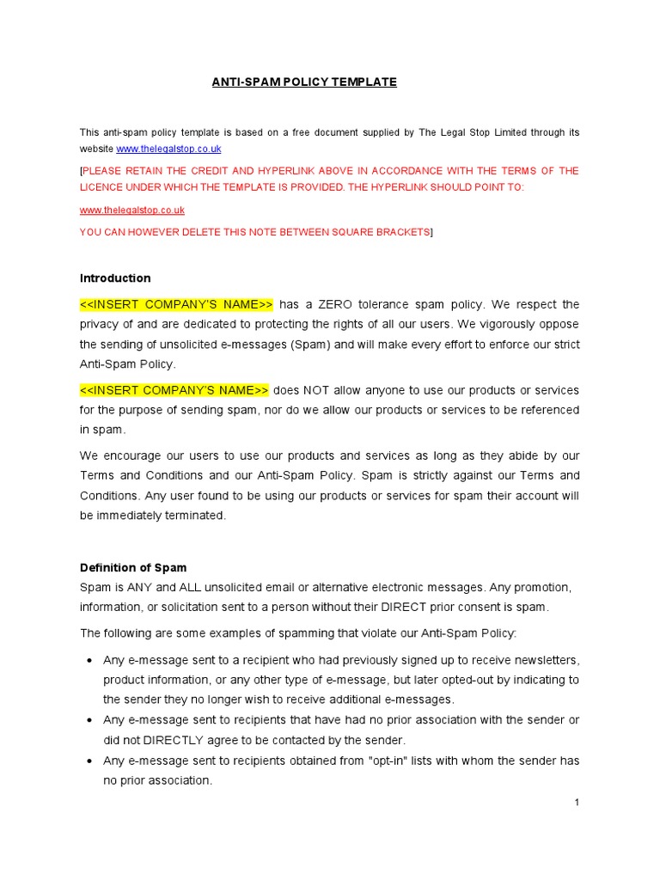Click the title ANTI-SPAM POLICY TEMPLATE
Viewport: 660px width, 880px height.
[x=304, y=82]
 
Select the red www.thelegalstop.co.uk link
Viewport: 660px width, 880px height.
[x=131, y=210]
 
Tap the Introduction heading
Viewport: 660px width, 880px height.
[x=115, y=278]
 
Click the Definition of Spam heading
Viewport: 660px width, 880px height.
[x=133, y=567]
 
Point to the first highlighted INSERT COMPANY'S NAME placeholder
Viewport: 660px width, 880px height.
[x=176, y=304]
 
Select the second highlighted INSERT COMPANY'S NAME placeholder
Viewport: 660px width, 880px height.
[x=174, y=390]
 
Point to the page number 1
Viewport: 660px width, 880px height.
[x=577, y=803]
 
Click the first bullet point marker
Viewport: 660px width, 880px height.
[x=89, y=660]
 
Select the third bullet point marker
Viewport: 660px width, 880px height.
[x=89, y=761]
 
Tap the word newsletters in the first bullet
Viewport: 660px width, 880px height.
[x=541, y=660]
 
